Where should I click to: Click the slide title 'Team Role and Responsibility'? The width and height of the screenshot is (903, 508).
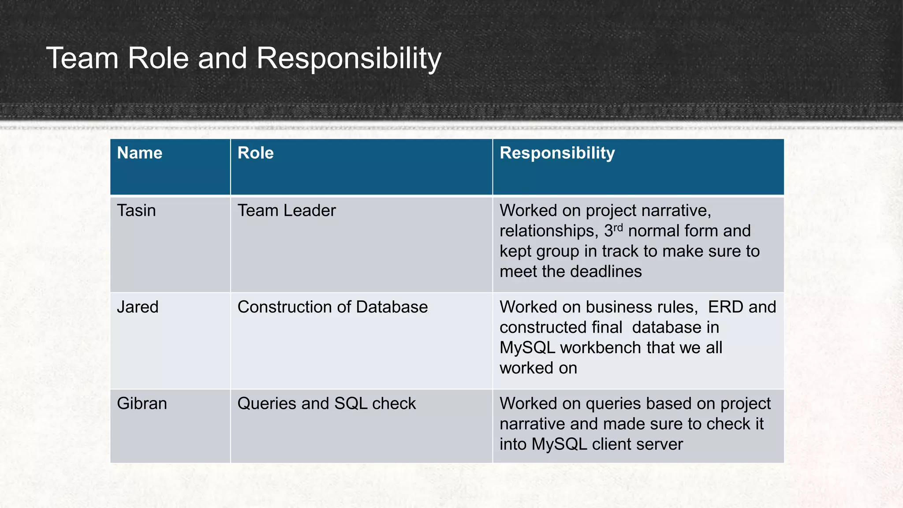(x=243, y=58)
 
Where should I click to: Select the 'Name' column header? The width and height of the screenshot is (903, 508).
(x=139, y=153)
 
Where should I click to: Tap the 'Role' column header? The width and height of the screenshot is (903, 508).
(x=255, y=153)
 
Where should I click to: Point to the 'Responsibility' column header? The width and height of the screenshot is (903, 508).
(x=557, y=153)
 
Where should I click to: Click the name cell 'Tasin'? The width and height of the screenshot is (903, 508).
(x=136, y=211)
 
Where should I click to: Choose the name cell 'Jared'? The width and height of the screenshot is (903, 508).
(x=138, y=307)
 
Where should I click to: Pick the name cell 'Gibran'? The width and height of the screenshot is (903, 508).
(x=142, y=403)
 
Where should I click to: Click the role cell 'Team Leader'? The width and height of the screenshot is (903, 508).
(x=286, y=211)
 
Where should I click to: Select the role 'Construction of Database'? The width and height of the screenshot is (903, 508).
(x=332, y=307)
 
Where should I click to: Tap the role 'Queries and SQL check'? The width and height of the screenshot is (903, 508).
(x=326, y=403)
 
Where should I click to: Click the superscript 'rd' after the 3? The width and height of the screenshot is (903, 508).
(x=618, y=228)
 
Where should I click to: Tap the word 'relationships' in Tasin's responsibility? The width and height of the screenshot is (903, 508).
(x=549, y=231)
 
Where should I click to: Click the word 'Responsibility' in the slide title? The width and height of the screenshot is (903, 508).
(x=348, y=58)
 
